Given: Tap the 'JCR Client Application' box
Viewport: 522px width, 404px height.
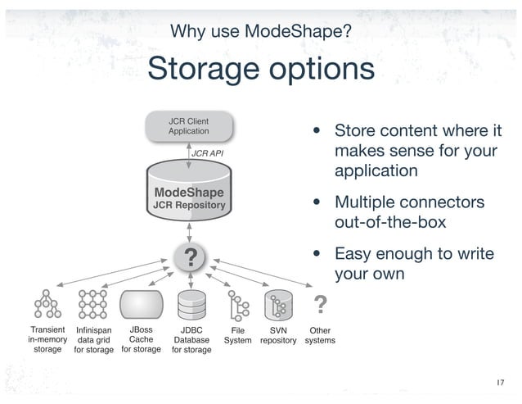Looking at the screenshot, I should coord(188,126).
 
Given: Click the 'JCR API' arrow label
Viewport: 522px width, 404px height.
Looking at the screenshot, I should coord(206,153).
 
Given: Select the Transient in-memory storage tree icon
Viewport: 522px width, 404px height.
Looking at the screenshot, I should coord(47,306).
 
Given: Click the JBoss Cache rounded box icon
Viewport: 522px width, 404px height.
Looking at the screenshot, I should coord(141,305).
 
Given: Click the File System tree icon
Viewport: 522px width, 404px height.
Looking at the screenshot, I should coord(238,306).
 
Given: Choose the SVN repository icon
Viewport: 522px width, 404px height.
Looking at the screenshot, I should coord(278,306).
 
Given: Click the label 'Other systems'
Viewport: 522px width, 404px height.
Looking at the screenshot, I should coord(319,335).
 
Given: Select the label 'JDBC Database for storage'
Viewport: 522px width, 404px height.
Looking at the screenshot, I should coord(191,340).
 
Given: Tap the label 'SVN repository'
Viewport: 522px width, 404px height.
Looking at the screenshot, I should coord(278,335).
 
